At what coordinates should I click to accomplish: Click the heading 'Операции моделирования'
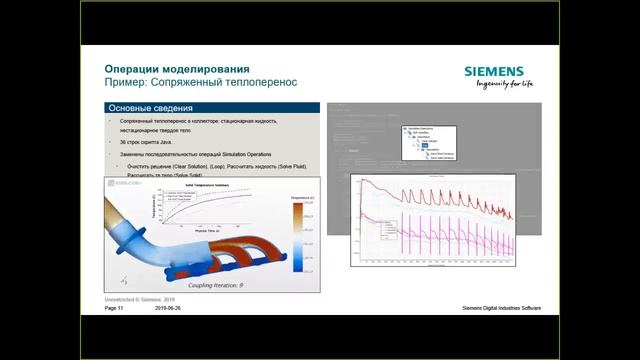pos(171,68)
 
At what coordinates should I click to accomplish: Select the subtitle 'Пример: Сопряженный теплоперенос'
pos(201,82)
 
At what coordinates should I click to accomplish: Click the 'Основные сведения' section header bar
pos(209,108)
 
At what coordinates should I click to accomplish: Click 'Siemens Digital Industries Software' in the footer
pos(501,309)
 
